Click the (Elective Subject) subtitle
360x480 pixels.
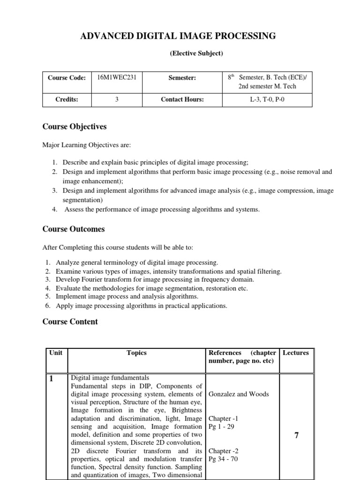(196, 53)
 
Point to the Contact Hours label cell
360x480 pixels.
(182, 99)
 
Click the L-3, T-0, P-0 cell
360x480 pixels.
(267, 99)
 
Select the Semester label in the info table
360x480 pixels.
(182, 78)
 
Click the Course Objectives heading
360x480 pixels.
(75, 127)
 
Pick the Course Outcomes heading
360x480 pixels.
(74, 229)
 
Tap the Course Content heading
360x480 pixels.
(70, 322)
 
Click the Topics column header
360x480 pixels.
(136, 353)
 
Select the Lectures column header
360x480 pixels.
(296, 353)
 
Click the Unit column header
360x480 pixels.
(56, 353)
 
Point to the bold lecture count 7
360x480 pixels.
(296, 435)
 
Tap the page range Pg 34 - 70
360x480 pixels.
(223, 459)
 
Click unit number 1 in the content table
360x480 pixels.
(52, 380)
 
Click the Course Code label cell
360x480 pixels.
(67, 78)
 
